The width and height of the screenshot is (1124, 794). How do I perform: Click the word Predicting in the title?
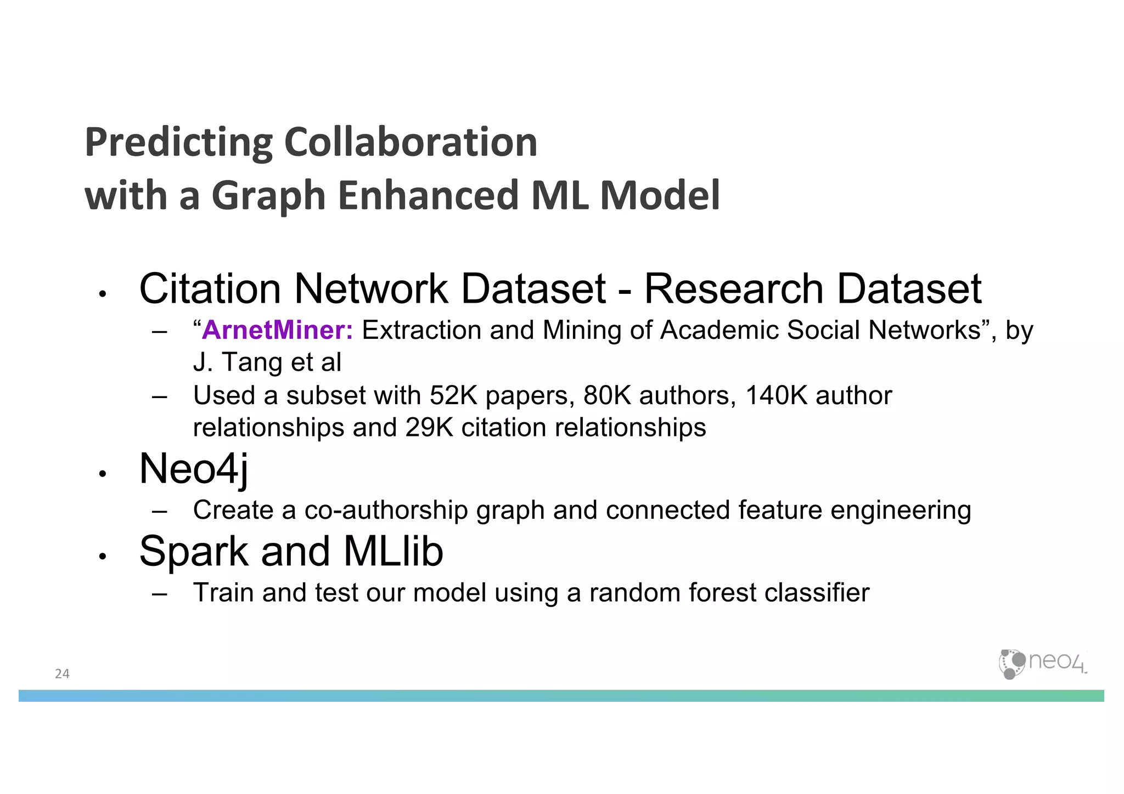[x=178, y=143]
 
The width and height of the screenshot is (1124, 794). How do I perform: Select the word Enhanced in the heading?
[x=428, y=195]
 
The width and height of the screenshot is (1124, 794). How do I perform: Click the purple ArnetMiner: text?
[x=278, y=330]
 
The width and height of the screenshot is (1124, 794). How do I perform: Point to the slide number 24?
[x=62, y=674]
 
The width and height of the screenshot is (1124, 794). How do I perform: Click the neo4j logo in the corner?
[x=1042, y=663]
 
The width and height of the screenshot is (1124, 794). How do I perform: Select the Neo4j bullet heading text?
[x=194, y=469]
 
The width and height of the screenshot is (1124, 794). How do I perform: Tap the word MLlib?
[x=393, y=551]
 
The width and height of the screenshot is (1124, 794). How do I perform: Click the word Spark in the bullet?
[x=194, y=551]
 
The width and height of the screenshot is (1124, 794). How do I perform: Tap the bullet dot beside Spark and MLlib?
[x=102, y=557]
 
